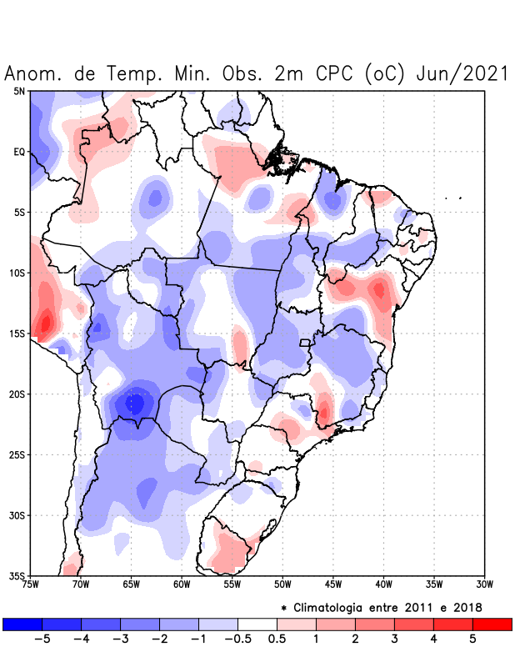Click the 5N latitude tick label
(x=19, y=91)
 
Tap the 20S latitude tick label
(x=17, y=394)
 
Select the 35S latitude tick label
(x=17, y=576)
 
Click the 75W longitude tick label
(x=31, y=585)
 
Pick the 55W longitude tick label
(x=232, y=585)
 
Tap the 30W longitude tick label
(x=485, y=585)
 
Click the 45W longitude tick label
(x=333, y=585)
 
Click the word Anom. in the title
(x=34, y=73)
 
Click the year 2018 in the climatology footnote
(x=466, y=606)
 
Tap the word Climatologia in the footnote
(x=333, y=606)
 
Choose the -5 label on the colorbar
(x=42, y=639)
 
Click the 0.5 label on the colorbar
(x=277, y=639)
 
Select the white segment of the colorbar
(x=257, y=624)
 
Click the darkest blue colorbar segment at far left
(x=22, y=624)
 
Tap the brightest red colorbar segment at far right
(x=492, y=624)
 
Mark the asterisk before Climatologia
(x=283, y=606)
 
